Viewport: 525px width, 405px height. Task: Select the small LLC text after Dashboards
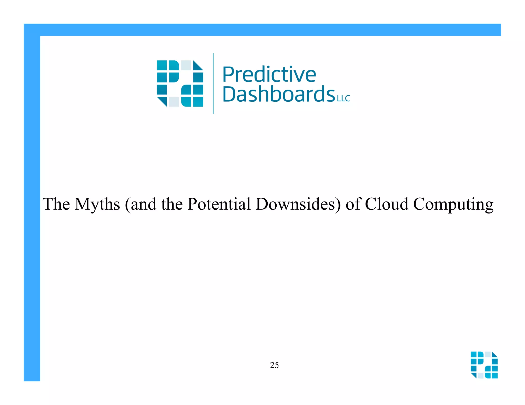tap(344, 99)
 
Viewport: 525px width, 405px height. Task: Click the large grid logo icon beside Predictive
tap(180, 83)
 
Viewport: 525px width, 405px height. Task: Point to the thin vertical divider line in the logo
tap(213, 83)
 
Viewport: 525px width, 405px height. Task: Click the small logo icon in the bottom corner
tap(484, 365)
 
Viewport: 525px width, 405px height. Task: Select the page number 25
tap(274, 365)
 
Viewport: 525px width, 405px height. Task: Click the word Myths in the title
tap(97, 204)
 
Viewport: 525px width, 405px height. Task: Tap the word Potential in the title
tap(219, 204)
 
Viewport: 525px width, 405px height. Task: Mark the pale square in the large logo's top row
tap(186, 65)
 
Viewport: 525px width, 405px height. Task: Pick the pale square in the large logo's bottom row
tap(174, 102)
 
